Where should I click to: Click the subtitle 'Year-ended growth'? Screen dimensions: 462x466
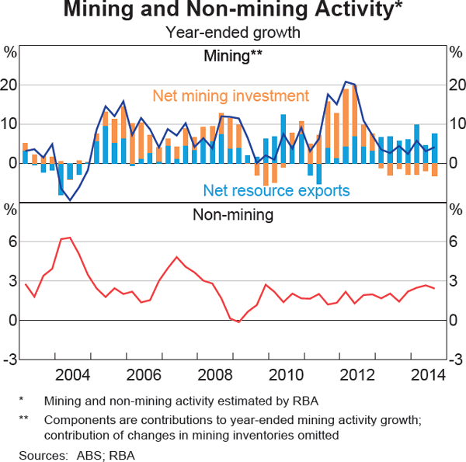233,33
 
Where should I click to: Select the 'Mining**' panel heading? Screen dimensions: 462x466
233,56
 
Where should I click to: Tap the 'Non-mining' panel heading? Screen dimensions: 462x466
233,214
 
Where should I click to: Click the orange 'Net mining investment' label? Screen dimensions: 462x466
231,96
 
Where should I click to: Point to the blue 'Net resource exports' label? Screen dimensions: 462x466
276,190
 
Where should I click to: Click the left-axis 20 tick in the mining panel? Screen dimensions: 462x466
9,85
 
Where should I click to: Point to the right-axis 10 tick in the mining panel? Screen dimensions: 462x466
456,124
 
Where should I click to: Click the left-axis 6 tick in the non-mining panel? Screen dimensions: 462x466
11,242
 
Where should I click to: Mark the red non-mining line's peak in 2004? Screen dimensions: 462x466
70,238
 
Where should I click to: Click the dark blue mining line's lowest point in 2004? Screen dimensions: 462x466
71,200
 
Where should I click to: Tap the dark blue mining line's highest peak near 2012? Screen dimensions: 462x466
346,82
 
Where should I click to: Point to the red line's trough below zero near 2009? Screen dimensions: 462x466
238,321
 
